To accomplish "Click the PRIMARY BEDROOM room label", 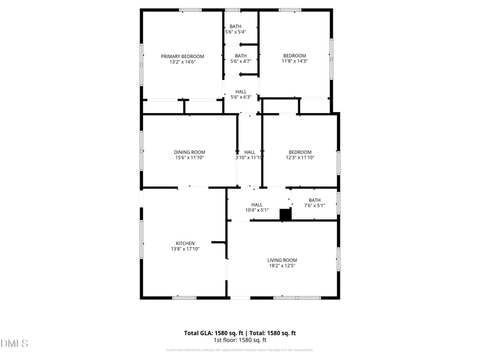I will point(182,56).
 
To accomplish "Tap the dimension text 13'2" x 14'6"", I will point(182,62).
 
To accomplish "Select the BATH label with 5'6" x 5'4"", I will point(235,27).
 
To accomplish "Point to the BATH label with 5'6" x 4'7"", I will point(241,55).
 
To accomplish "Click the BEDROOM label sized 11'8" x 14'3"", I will point(294,55).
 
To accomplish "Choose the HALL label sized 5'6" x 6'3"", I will point(241,92).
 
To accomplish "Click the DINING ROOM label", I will point(189,152).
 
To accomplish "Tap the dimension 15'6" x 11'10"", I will point(189,158).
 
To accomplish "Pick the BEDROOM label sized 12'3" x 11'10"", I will point(300,152).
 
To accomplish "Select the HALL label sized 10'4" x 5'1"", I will point(257,204).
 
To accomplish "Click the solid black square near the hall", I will point(285,214).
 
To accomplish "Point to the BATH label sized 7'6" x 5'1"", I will point(314,200).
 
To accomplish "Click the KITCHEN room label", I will point(185,243).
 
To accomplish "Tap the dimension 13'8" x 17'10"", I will point(185,249).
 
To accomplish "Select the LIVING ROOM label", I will point(282,260).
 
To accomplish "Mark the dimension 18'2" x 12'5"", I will point(282,266).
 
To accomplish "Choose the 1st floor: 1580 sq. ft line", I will point(240,340).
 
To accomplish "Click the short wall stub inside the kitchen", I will point(219,242).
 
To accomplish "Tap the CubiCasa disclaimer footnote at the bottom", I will point(240,350).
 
